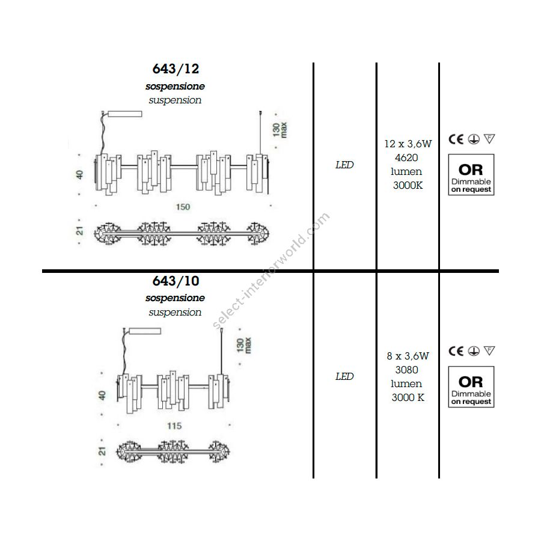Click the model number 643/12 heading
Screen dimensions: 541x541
(176, 69)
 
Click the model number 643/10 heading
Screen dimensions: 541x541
(176, 281)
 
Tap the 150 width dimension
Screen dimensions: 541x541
(183, 207)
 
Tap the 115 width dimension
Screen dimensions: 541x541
(174, 426)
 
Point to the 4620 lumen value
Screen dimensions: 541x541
(406, 157)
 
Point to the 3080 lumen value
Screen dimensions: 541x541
(407, 370)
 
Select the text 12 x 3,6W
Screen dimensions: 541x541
(408, 144)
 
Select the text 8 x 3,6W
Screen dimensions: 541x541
(408, 356)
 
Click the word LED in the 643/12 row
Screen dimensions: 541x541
(344, 165)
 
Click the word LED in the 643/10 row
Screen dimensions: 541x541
(344, 376)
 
